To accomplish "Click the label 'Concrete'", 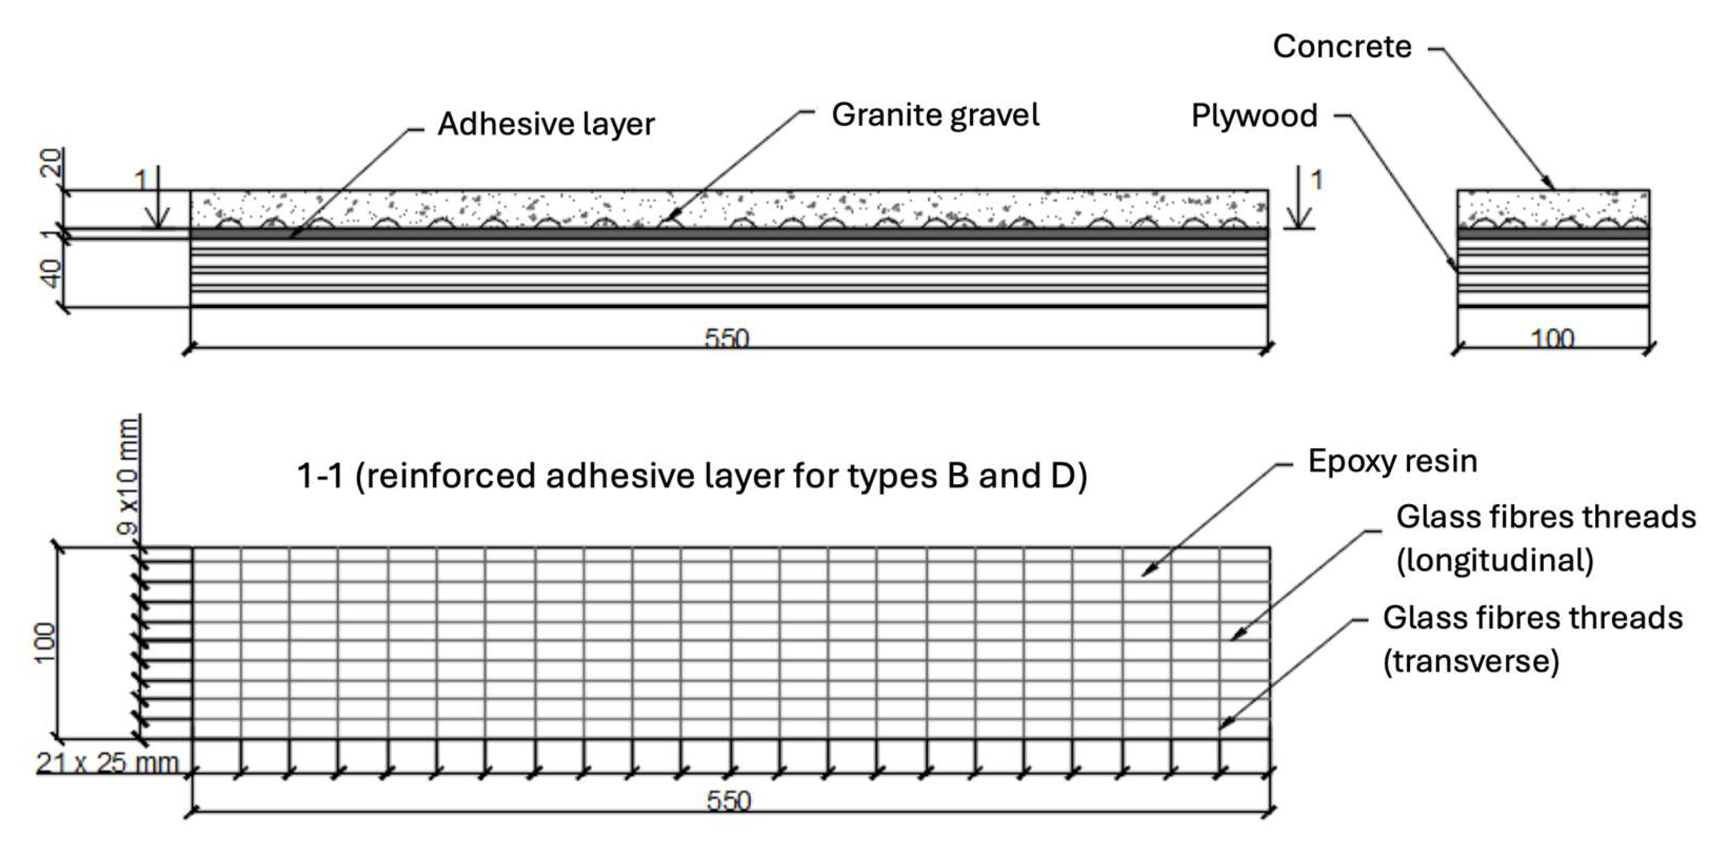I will (x=1342, y=47).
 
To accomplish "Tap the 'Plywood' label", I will (x=1254, y=116).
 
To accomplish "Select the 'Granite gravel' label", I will (x=935, y=115).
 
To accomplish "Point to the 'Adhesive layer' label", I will (x=546, y=124).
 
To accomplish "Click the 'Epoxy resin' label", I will (x=1393, y=462).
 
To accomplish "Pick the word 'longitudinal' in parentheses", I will (x=1495, y=561).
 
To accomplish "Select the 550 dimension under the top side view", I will (x=727, y=338).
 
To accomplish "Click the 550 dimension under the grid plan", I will (x=729, y=801).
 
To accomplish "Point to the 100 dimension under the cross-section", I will (x=1552, y=338).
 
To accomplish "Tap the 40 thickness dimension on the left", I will (x=51, y=273).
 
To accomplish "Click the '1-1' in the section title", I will (x=320, y=476).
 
